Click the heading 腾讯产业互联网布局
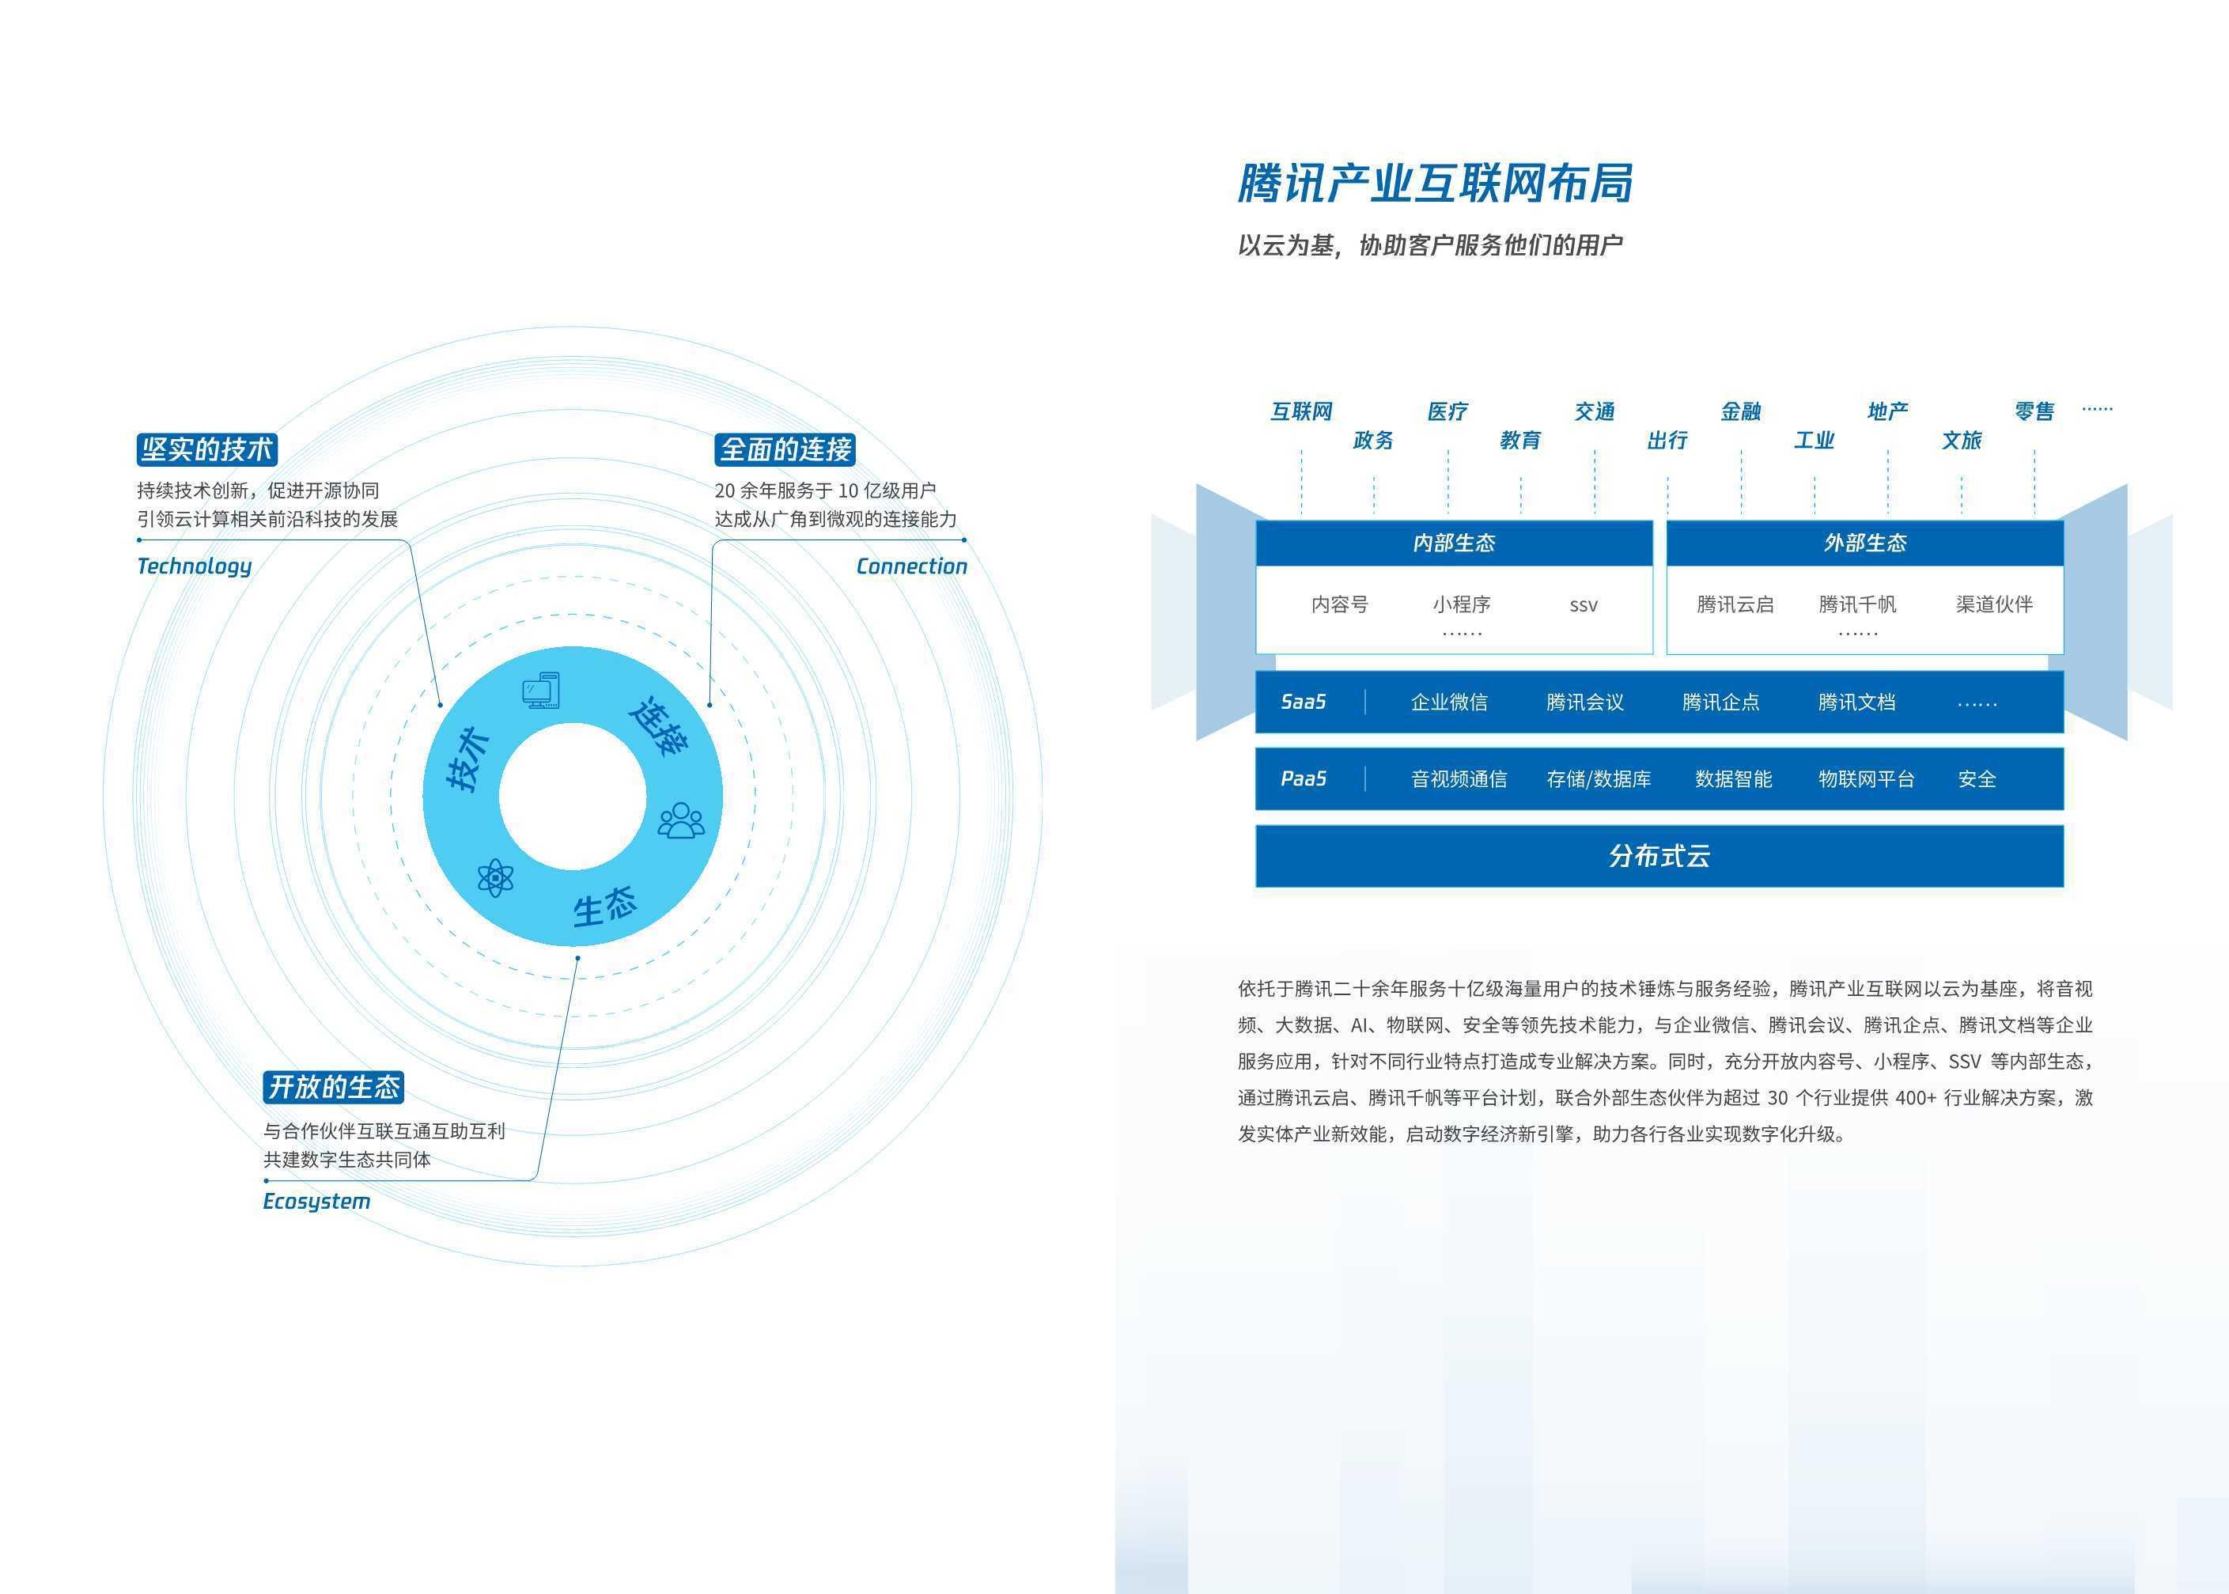[x=1434, y=184]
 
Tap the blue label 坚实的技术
[x=206, y=449]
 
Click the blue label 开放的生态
[x=334, y=1087]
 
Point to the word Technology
[x=195, y=566]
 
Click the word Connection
[x=911, y=566]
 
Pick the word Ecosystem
[x=316, y=1202]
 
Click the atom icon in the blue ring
[x=494, y=877]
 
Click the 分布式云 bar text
[x=1659, y=856]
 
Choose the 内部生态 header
[x=1454, y=543]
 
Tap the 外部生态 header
[x=1865, y=543]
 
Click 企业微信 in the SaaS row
[x=1449, y=702]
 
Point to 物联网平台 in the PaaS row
[x=1866, y=779]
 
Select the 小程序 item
[x=1462, y=604]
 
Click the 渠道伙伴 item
[x=1993, y=604]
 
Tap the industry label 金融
[x=1740, y=411]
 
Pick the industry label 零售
[x=2034, y=411]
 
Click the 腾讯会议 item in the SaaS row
[x=1584, y=702]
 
